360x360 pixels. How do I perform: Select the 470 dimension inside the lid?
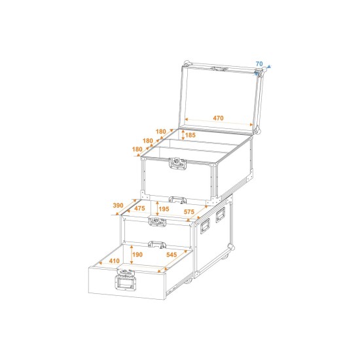219,118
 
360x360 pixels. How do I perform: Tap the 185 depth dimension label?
190,135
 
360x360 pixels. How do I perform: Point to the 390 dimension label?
118,206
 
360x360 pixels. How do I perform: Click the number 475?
141,209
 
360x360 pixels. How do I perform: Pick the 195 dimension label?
164,209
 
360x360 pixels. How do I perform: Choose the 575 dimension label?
189,211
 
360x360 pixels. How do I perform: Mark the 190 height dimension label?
137,255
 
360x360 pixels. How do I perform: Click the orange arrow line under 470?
219,124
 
